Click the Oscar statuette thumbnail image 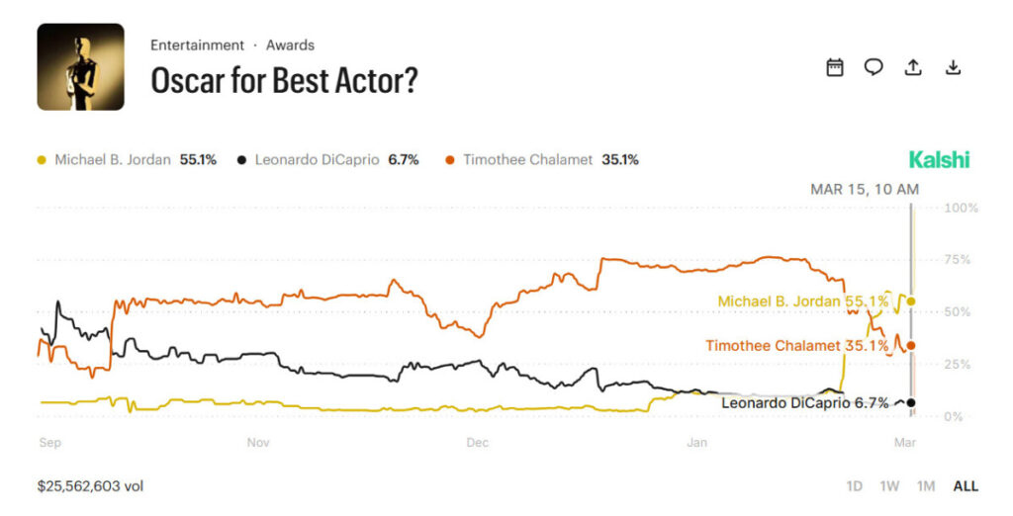(80, 67)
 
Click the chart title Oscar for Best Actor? (284, 81)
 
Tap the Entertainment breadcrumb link (197, 45)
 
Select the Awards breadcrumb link (290, 45)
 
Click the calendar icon (835, 67)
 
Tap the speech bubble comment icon (874, 67)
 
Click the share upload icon (913, 67)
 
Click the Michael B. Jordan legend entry (127, 159)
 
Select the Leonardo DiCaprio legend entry (327, 159)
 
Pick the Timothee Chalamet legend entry (542, 159)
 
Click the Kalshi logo (939, 160)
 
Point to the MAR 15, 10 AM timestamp (864, 189)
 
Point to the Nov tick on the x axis (259, 443)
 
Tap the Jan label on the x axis (696, 443)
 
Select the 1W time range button (889, 486)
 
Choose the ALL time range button (965, 486)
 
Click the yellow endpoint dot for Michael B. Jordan (911, 301)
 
